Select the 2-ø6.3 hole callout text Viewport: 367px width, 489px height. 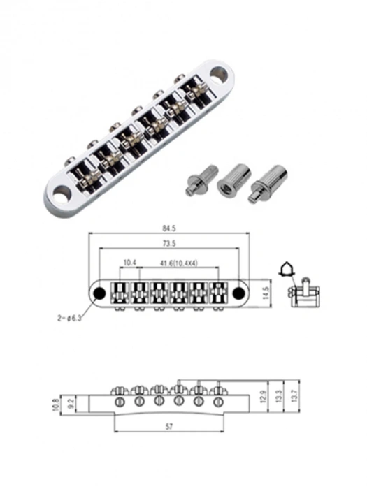69,319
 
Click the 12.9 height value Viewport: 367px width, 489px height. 262,397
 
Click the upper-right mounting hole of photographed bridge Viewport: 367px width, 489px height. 222,71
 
